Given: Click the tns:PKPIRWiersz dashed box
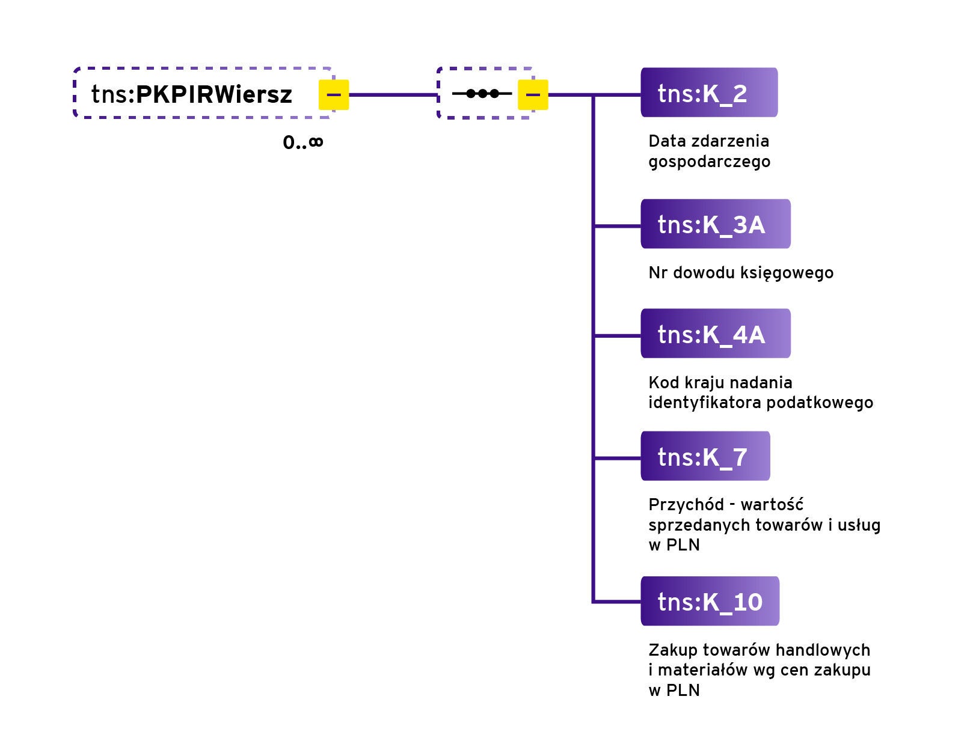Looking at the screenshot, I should [192, 94].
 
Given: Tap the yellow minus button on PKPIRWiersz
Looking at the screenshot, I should [334, 94].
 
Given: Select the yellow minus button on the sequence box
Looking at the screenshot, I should [533, 94].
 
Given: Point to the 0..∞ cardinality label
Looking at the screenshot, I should [303, 143].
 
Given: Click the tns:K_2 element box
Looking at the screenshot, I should [708, 93].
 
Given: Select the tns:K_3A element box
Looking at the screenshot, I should [715, 224].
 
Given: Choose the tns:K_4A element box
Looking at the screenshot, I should [715, 334].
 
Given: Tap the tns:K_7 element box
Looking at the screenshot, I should [705, 456].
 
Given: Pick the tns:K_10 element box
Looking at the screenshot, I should [710, 601].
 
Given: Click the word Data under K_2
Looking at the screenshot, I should [667, 141].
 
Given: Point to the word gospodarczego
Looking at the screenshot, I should [709, 162].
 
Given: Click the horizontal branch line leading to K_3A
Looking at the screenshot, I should [617, 226].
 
